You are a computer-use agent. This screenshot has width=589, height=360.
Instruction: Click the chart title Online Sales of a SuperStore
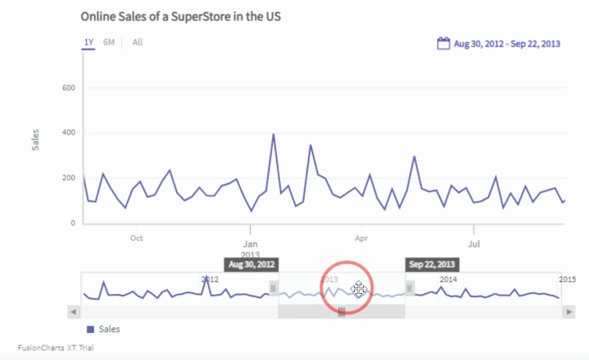click(181, 16)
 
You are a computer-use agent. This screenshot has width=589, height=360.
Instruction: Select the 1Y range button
click(88, 42)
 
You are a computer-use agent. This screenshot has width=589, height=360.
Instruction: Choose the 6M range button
click(109, 42)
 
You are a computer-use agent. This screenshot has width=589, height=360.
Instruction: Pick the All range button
click(138, 42)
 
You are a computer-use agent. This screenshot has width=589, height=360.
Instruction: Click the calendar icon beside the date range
click(444, 44)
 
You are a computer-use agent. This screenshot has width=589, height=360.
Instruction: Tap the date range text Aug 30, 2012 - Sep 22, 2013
click(507, 44)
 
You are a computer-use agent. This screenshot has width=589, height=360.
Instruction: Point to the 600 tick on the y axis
click(68, 88)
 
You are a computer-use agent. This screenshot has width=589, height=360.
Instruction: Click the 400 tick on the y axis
click(68, 133)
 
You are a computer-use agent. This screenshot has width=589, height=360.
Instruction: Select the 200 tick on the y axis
click(68, 178)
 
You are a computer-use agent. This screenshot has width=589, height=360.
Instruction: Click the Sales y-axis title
click(35, 140)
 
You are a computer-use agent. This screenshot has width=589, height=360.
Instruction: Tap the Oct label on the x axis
click(136, 237)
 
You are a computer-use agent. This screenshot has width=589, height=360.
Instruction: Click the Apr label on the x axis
click(361, 237)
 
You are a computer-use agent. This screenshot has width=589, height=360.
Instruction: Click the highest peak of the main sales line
click(274, 135)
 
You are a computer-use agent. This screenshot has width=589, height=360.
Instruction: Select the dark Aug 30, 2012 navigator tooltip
click(252, 264)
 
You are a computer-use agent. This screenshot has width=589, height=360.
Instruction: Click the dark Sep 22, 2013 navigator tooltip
click(432, 264)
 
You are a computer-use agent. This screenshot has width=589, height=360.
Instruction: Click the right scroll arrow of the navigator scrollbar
click(568, 312)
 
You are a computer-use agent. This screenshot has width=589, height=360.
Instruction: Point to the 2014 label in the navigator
click(449, 280)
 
